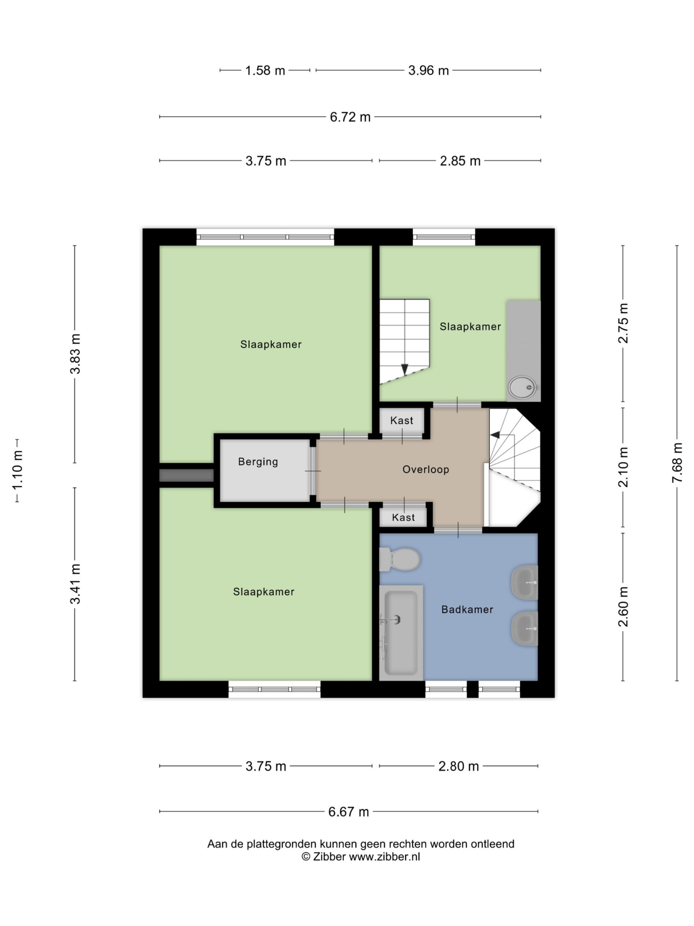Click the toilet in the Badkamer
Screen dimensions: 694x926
pos(399,559)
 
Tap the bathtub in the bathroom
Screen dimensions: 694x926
pos(401,632)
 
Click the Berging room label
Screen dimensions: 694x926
pos(258,462)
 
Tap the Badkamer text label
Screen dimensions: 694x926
pos(467,609)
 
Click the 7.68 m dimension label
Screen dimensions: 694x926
pos(677,463)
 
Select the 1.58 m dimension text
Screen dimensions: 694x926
pos(265,70)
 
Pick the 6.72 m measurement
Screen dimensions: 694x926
pos(350,117)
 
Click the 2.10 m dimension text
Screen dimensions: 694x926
pos(623,467)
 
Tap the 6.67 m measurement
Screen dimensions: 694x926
pos(348,812)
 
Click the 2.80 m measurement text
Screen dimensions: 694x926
pos(458,766)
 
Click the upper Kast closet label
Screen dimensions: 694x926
pos(402,420)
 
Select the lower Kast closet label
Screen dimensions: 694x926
pos(403,517)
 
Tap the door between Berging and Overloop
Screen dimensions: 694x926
pos(313,471)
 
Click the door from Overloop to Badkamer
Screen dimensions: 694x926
pos(458,530)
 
